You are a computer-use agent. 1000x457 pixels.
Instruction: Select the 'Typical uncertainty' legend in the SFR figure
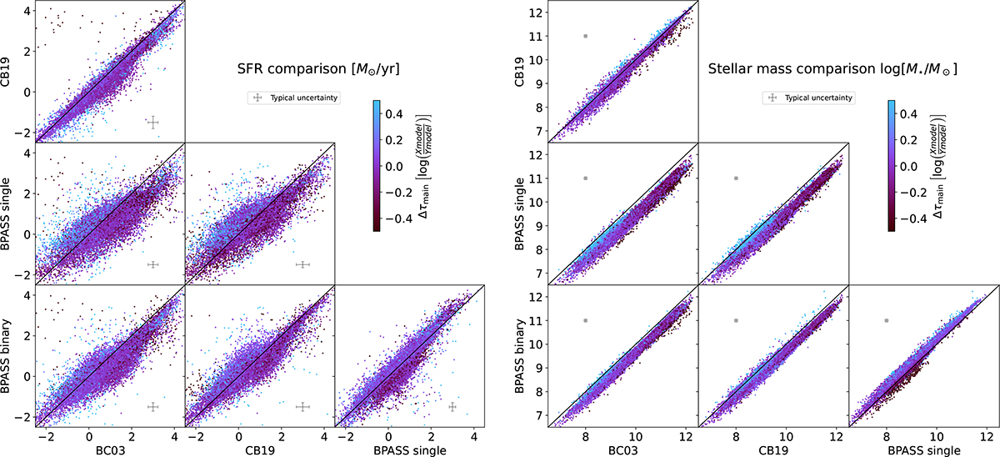coord(294,98)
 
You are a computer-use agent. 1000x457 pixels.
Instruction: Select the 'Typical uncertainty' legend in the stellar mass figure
coord(809,98)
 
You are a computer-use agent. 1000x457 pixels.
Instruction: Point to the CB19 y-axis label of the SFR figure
coord(5,72)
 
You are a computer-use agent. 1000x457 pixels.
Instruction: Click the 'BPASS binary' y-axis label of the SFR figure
coord(5,356)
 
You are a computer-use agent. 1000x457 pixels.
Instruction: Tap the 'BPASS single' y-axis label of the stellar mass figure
coord(519,213)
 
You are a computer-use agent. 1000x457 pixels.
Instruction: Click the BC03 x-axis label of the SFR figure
coord(110,450)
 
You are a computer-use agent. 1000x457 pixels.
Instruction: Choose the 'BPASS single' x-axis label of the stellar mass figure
coord(924,450)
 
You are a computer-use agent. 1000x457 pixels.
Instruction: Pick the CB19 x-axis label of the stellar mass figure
coord(773,450)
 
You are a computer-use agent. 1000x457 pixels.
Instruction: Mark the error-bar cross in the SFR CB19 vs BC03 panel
coord(153,123)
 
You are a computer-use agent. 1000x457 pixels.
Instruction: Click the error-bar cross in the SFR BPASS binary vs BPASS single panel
coord(452,407)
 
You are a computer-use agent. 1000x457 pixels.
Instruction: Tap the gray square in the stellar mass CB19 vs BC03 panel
coord(586,36)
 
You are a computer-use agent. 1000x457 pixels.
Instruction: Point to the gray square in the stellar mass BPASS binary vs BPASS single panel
coord(887,320)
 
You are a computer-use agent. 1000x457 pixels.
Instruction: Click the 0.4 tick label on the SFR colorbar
coord(394,114)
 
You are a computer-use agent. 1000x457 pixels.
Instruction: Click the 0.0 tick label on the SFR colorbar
coord(394,167)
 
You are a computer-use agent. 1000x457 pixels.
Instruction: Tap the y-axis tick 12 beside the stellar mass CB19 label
coord(536,13)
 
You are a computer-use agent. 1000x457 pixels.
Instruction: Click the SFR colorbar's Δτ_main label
coord(423,167)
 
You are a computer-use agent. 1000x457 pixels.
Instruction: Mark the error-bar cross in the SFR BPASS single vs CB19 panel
coord(302,265)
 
